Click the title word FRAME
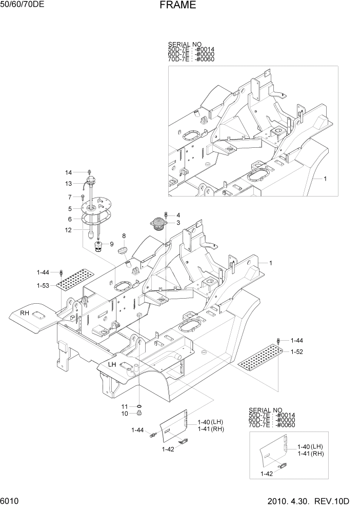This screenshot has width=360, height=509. (177, 6)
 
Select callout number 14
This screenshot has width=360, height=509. (68, 172)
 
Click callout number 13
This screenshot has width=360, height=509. (68, 184)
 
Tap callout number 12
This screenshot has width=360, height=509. (68, 230)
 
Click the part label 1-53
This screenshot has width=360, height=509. (43, 285)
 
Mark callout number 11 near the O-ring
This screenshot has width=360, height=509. (125, 406)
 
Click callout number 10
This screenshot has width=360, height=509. (125, 413)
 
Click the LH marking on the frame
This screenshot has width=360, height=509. (112, 364)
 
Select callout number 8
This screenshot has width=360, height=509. (124, 236)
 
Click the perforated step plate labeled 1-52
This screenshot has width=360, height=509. (259, 358)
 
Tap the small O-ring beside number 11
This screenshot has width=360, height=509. (138, 406)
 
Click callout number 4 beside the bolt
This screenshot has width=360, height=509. (178, 215)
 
